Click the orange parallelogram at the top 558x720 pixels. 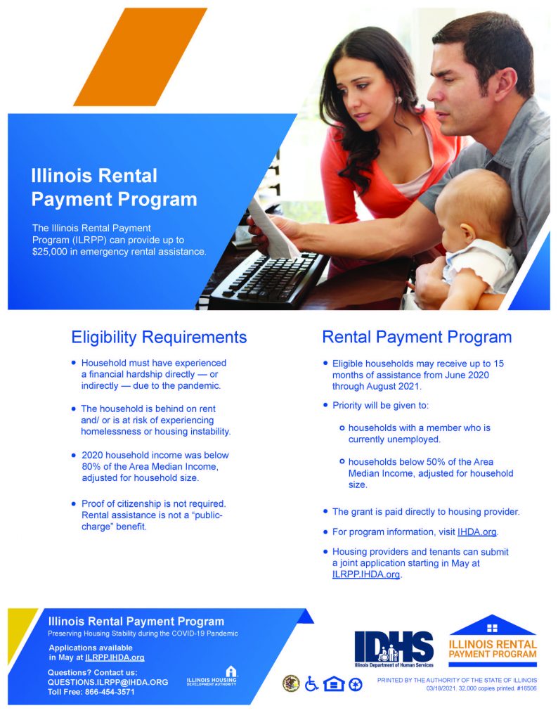(141, 57)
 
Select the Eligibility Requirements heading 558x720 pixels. (159, 337)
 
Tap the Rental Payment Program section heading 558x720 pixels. (417, 337)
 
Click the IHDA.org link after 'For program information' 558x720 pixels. (476, 532)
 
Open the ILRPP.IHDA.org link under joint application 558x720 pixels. (365, 574)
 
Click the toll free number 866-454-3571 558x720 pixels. (110, 692)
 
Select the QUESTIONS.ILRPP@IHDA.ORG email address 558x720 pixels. (108, 682)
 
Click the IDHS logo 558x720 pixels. (394, 648)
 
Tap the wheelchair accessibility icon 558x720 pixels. (311, 683)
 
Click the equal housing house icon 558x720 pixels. (334, 684)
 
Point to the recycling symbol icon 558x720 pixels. (356, 685)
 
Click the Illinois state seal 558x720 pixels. (291, 683)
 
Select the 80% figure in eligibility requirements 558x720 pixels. (91, 467)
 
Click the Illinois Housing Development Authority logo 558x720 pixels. (212, 676)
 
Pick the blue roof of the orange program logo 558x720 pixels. (492, 625)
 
